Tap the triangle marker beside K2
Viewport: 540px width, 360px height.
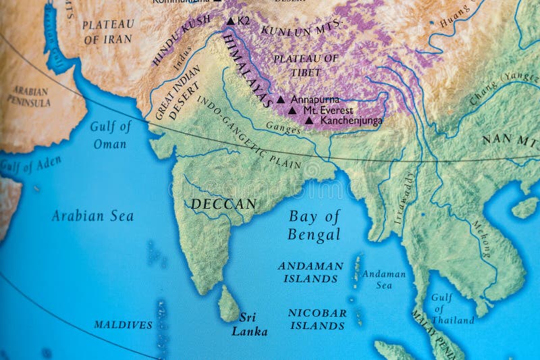click(x=230, y=21)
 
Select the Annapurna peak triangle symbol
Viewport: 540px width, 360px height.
click(x=281, y=99)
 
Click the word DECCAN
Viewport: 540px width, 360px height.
click(x=223, y=203)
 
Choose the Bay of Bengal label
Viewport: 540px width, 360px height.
click(x=315, y=226)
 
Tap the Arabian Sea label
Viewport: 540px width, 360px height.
click(x=92, y=216)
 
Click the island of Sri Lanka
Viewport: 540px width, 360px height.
click(x=228, y=304)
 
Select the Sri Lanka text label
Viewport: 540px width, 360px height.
click(x=250, y=324)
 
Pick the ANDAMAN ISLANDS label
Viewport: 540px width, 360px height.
click(x=310, y=272)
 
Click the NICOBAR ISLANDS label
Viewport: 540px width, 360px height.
click(x=317, y=319)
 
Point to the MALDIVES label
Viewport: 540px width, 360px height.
click(x=123, y=325)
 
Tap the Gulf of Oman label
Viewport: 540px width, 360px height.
click(x=110, y=134)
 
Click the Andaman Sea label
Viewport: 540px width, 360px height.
click(x=383, y=280)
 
